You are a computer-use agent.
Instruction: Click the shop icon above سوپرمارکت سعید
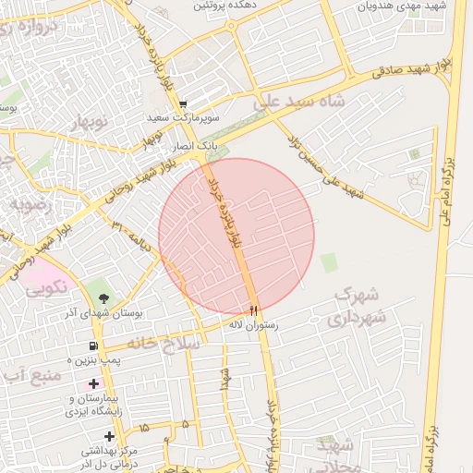click(x=183, y=105)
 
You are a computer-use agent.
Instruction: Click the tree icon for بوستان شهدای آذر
click(x=103, y=298)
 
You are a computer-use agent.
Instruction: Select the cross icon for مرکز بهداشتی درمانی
click(x=110, y=435)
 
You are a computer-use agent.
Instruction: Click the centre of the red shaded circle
click(x=236, y=236)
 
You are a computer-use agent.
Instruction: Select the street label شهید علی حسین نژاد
click(x=324, y=167)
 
